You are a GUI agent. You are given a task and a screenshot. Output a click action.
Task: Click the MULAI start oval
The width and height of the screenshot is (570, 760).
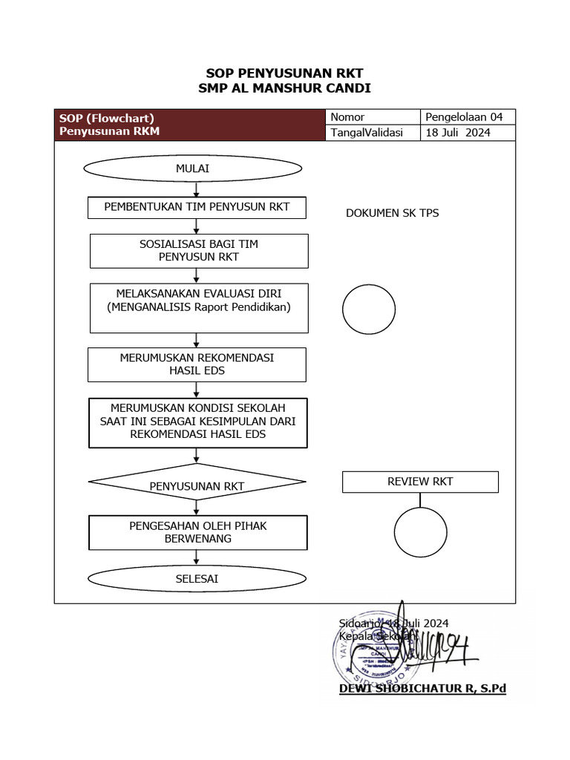[x=192, y=168]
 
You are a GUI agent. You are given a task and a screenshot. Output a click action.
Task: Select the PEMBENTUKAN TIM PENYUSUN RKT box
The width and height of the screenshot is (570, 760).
[x=197, y=207]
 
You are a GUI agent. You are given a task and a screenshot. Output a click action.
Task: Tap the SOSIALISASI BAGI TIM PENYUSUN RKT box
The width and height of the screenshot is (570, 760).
[x=198, y=251]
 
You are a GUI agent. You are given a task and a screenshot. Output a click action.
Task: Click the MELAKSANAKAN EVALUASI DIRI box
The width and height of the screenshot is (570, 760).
[x=198, y=307]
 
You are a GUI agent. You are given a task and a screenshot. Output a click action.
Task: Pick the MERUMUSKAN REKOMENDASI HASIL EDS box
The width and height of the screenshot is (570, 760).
[x=197, y=364]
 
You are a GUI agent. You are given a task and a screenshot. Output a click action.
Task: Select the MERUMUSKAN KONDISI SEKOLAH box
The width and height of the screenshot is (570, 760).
[x=197, y=423]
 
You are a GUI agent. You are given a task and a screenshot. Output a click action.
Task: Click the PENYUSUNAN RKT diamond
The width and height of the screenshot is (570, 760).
[x=197, y=486]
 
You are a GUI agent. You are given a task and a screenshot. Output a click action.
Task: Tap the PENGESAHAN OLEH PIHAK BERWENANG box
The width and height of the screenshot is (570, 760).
[x=197, y=532]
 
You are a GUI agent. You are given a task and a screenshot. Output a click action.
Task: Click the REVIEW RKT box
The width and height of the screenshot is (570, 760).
[x=420, y=482]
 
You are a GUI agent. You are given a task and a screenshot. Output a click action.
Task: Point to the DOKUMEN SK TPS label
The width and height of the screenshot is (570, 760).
[x=393, y=213]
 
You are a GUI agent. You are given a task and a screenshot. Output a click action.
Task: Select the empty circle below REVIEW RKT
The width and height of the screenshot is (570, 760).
[x=420, y=532]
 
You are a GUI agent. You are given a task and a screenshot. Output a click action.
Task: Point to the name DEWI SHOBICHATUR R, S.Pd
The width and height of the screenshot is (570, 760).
[x=422, y=689]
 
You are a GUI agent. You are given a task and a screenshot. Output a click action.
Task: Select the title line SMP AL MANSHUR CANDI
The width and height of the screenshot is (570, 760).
[x=284, y=88]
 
